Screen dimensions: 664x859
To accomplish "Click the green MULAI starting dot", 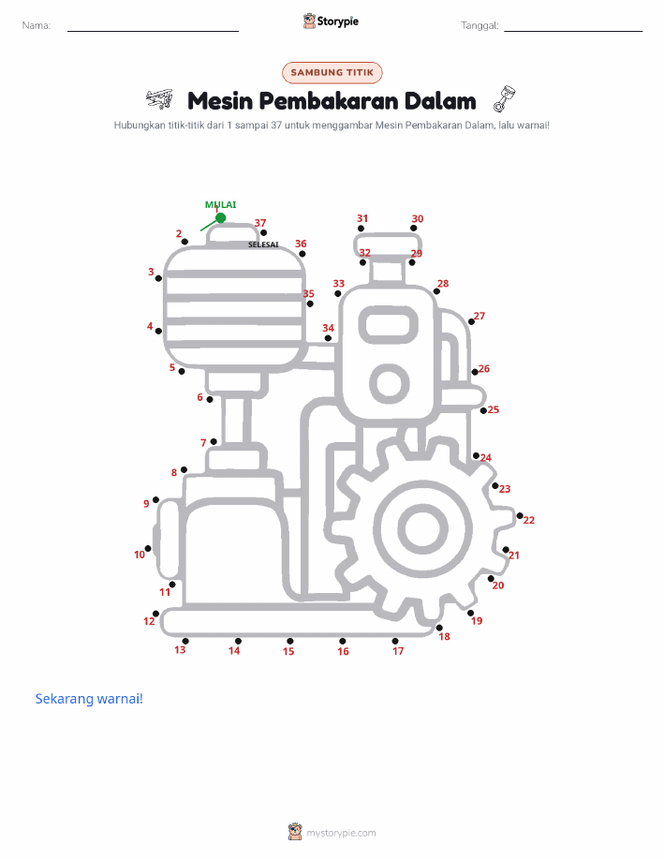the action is click(221, 218).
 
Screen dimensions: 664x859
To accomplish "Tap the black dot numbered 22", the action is click(520, 515).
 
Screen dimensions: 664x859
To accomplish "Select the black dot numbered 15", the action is click(289, 641).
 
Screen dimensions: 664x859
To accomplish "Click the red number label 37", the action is click(260, 223).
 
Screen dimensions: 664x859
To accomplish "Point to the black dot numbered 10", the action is click(148, 548).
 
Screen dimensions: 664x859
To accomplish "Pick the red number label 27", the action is click(480, 316).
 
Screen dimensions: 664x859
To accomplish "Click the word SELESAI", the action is click(263, 244).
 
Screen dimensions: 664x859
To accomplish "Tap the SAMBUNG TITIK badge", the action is click(332, 72).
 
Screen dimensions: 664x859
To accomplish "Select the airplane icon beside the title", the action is click(159, 99).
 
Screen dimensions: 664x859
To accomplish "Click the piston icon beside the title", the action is click(505, 98).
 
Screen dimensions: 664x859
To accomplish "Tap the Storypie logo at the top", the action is click(331, 22).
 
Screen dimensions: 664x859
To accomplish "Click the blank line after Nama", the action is click(153, 31).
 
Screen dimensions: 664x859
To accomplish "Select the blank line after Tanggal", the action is click(573, 31).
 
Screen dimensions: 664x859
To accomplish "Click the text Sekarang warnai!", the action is click(89, 699).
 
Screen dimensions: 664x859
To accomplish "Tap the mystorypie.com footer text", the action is click(341, 833).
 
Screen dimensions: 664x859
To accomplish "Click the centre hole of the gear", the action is click(423, 529).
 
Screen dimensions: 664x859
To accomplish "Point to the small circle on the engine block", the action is click(390, 383).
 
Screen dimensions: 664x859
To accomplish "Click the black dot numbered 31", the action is click(361, 229).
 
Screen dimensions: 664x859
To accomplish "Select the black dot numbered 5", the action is click(182, 372).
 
